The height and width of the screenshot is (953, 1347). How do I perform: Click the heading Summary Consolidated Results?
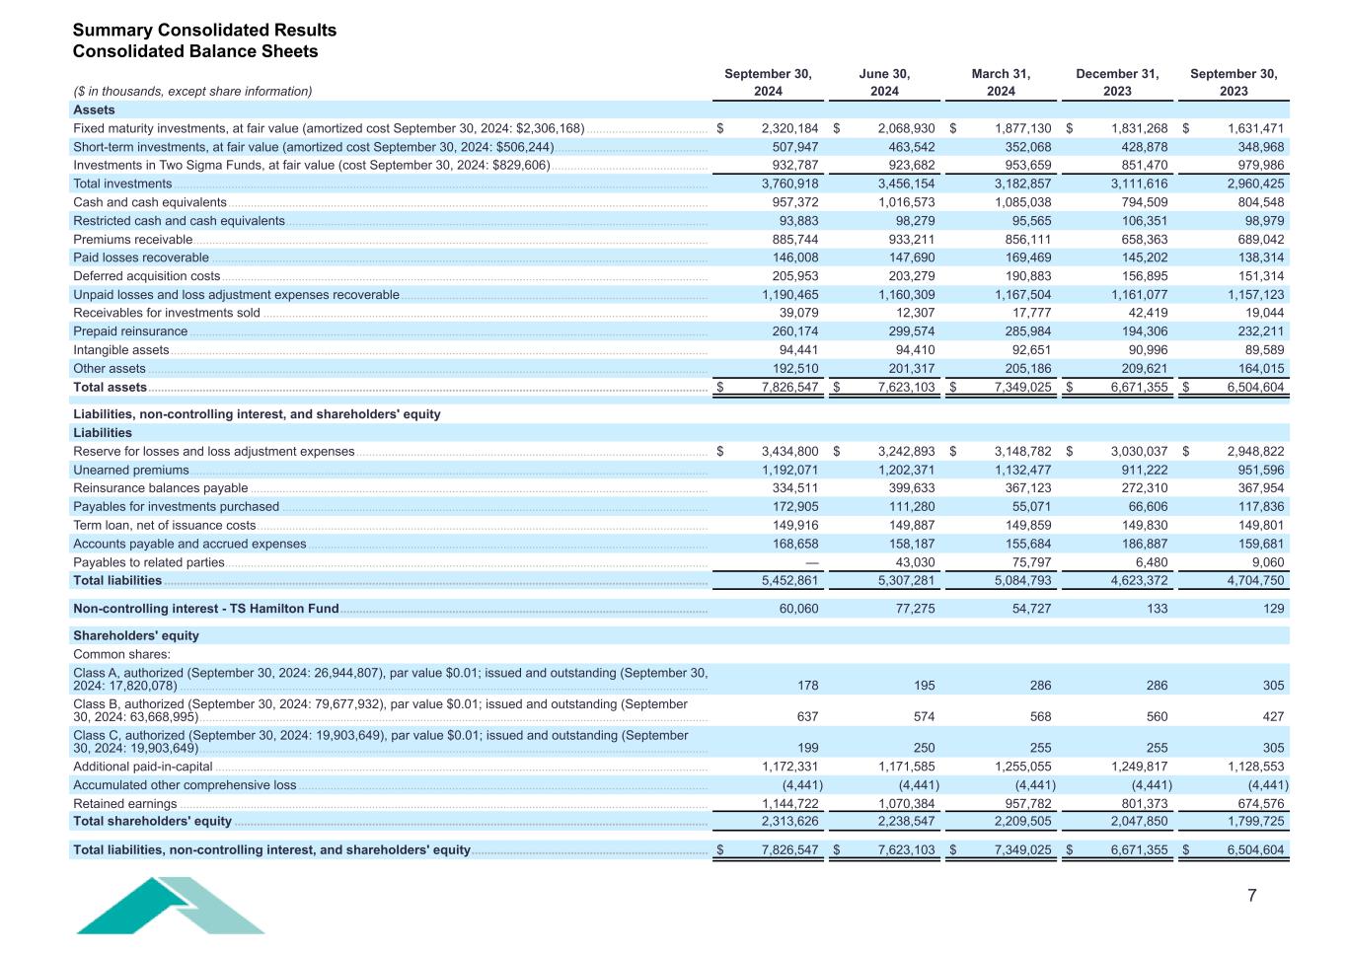[204, 31]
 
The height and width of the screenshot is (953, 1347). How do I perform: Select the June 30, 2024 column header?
[884, 82]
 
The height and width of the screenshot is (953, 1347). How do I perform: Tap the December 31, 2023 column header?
[1117, 82]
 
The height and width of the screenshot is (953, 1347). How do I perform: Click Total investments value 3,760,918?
[789, 183]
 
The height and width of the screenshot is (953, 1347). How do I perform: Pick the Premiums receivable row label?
[132, 240]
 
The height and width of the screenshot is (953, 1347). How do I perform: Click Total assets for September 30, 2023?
[1255, 388]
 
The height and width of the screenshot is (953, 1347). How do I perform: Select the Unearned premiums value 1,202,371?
[906, 471]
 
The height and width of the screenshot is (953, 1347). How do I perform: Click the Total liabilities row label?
[117, 582]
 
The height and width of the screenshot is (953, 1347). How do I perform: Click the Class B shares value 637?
[806, 717]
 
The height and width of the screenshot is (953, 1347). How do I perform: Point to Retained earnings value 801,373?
[1146, 804]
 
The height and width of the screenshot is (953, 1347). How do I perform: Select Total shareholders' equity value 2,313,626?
[789, 822]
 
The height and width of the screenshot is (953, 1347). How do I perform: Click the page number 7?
[1252, 896]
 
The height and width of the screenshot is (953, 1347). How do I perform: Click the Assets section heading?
[94, 110]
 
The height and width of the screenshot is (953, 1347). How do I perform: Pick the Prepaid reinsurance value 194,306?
[1146, 331]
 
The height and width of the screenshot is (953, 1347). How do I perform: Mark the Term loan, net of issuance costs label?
[164, 526]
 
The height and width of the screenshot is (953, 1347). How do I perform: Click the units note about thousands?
[192, 92]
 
